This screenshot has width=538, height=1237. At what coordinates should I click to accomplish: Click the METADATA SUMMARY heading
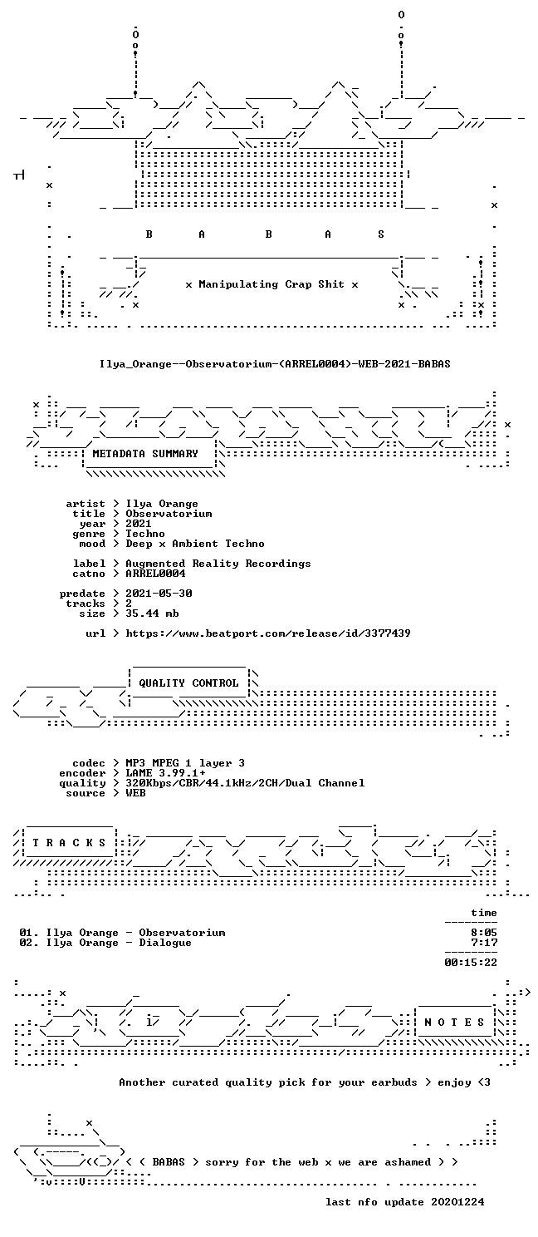[145, 454]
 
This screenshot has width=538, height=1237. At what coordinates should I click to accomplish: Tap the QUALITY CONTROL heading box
[188, 683]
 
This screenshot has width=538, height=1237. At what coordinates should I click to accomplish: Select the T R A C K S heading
[69, 843]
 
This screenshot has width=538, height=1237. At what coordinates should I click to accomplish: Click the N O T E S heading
[454, 1023]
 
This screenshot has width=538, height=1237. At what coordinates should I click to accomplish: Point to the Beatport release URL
[268, 633]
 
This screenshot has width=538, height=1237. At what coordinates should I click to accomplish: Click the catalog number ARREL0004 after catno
[155, 574]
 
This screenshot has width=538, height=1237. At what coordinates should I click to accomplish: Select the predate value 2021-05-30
[159, 594]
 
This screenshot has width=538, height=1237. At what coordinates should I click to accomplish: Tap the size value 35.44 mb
[152, 614]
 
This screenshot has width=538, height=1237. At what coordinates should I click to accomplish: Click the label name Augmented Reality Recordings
[218, 564]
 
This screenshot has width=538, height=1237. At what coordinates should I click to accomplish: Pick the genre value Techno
[145, 534]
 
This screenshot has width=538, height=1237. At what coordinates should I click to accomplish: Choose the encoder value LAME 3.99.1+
[165, 773]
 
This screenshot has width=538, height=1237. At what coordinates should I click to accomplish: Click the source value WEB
[135, 793]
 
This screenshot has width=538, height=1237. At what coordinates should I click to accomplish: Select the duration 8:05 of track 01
[484, 933]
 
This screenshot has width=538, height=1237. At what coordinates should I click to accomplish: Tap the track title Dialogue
[165, 943]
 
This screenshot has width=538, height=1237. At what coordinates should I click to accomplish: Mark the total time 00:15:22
[471, 963]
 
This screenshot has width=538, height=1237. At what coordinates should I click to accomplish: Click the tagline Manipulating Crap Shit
[271, 284]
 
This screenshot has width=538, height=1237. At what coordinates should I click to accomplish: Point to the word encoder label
[82, 773]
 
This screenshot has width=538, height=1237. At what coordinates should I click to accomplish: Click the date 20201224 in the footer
[458, 1202]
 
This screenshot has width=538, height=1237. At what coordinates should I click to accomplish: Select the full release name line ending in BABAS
[275, 364]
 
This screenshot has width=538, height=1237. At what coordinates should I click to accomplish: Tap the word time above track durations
[484, 913]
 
